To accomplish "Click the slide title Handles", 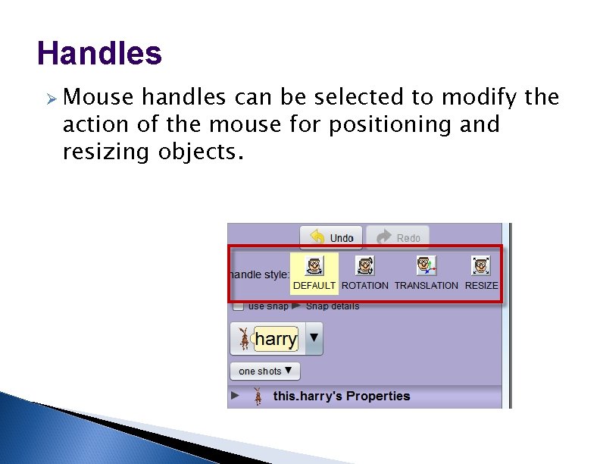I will (99, 54).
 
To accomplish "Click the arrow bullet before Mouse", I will (49, 98).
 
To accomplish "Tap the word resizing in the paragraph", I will (107, 152).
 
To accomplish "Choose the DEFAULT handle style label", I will (314, 286).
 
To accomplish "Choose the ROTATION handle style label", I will (365, 286).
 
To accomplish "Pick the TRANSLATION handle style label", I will (427, 286).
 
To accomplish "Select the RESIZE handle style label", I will (481, 286).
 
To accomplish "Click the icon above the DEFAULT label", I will (314, 265).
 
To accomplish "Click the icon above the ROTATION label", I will (365, 265).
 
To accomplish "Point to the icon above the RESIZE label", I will (480, 265).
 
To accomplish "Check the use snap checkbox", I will (238, 306).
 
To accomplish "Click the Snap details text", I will (333, 306).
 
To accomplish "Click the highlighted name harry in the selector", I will (276, 339).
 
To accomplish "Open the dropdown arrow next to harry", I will (314, 338).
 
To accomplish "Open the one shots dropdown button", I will (265, 372).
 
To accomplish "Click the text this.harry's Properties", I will (341, 396).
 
